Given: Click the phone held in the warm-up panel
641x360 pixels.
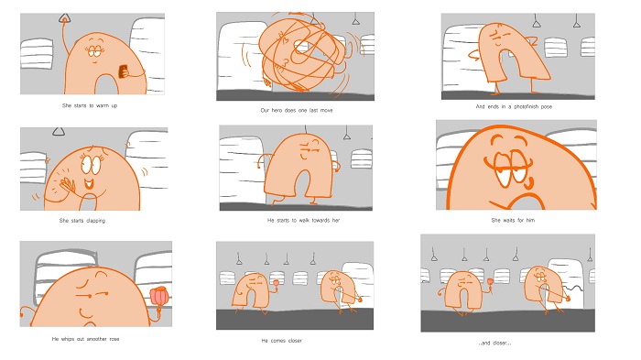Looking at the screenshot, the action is coord(123,71).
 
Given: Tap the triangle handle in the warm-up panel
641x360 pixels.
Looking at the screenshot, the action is coord(64,18).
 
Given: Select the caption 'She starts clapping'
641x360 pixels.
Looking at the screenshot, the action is coord(82,221).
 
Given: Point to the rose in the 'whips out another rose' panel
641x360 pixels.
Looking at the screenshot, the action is coord(159,296).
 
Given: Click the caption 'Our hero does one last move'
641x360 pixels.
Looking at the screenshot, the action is coord(297,110).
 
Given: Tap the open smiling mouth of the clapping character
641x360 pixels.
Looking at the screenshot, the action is coord(89,183).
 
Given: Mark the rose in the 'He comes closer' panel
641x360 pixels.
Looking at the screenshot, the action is coord(276,282).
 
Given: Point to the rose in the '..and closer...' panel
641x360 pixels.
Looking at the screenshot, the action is coord(490,281).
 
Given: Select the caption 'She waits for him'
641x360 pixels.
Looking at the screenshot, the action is coord(513,220).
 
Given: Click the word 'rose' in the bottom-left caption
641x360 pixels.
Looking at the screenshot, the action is coord(114,339).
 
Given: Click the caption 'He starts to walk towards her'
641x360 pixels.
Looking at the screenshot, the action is coord(303,220).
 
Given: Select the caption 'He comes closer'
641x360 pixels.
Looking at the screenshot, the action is coord(282,341).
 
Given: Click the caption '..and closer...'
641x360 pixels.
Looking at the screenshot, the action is coord(494,344).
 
